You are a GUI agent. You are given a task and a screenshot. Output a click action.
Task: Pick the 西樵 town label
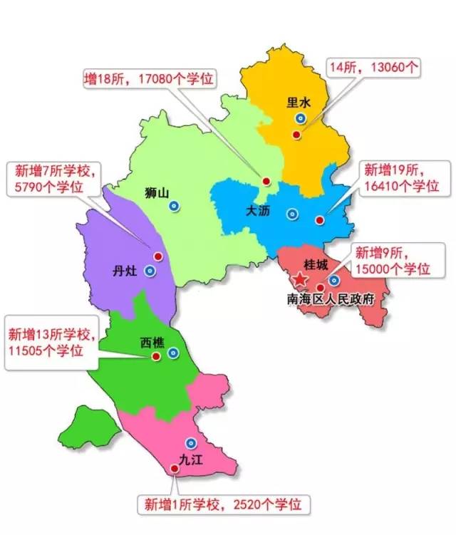click(152, 343)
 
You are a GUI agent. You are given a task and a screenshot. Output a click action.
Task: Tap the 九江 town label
click(190, 459)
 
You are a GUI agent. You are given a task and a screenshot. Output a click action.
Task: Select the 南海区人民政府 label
click(330, 299)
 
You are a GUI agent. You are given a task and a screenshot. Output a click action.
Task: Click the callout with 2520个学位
click(225, 504)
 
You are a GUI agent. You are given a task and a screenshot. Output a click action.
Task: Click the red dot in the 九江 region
click(175, 468)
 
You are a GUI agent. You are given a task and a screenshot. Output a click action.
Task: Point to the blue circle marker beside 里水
click(300, 118)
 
